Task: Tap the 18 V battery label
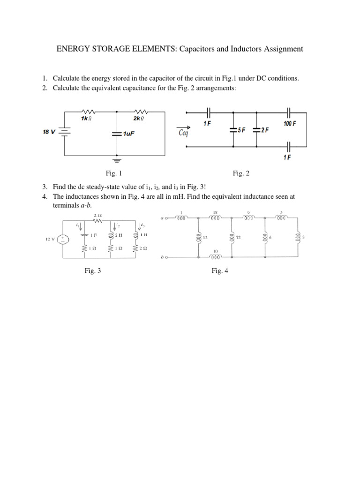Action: pos(49,132)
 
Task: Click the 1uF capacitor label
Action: pos(129,134)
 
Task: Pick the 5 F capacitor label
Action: pos(241,131)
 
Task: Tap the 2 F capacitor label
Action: pos(264,131)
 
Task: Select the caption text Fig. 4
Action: pos(219,270)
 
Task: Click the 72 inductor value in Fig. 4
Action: pos(238,238)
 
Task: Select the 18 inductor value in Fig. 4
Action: pos(215,212)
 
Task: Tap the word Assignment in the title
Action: pos(280,49)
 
